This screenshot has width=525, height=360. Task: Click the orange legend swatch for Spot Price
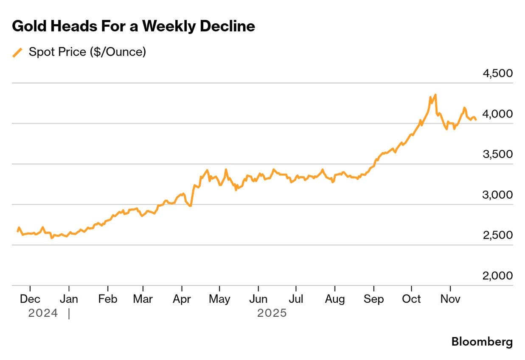pyautogui.click(x=17, y=53)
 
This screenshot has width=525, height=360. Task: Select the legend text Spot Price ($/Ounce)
pyautogui.click(x=87, y=52)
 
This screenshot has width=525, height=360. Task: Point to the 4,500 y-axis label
pyautogui.click(x=497, y=73)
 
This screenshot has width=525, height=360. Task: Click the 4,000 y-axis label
pyautogui.click(x=497, y=114)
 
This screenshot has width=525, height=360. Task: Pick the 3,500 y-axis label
pyautogui.click(x=497, y=155)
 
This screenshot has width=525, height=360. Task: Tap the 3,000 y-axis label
pyautogui.click(x=497, y=195)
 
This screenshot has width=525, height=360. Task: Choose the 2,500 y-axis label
pyautogui.click(x=497, y=235)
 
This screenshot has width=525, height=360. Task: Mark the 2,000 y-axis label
pyautogui.click(x=497, y=276)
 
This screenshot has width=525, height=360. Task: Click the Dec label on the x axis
pyautogui.click(x=30, y=299)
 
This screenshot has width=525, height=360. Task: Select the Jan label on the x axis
pyautogui.click(x=69, y=299)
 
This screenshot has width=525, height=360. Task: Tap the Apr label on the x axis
pyautogui.click(x=182, y=299)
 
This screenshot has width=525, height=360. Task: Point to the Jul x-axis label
pyautogui.click(x=296, y=299)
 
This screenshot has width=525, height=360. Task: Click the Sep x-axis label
pyautogui.click(x=373, y=299)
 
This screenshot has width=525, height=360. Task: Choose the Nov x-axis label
pyautogui.click(x=450, y=299)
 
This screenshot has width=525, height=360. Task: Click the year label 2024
pyautogui.click(x=43, y=313)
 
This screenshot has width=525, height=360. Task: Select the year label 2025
pyautogui.click(x=272, y=313)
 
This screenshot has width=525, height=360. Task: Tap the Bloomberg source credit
pyautogui.click(x=482, y=341)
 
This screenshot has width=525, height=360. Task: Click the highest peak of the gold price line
pyautogui.click(x=435, y=95)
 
